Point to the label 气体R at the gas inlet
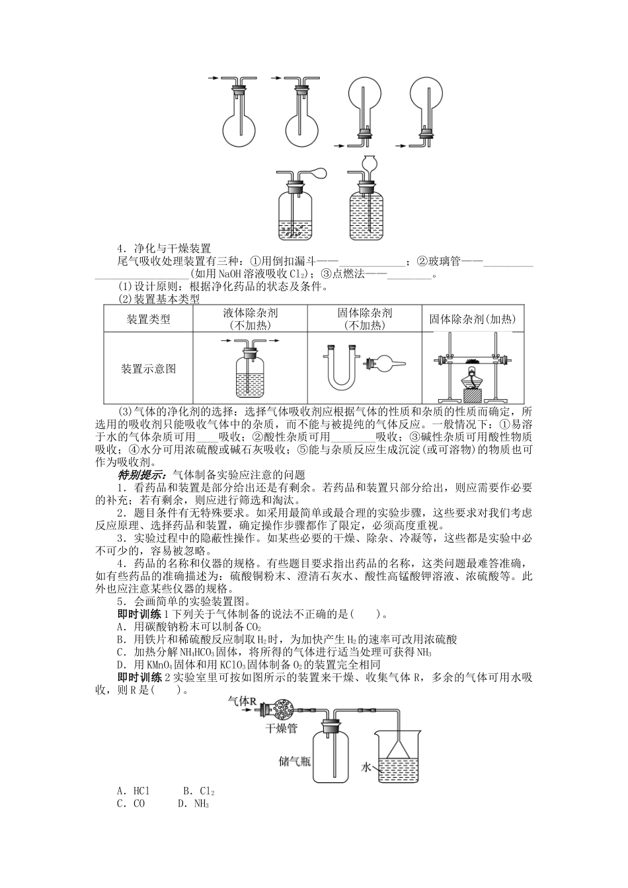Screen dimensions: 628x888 241,700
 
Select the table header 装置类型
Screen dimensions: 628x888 148,319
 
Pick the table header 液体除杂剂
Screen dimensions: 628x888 250,313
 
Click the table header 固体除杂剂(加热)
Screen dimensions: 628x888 473,319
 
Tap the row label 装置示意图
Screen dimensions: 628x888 148,369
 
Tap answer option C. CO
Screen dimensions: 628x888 131,804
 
